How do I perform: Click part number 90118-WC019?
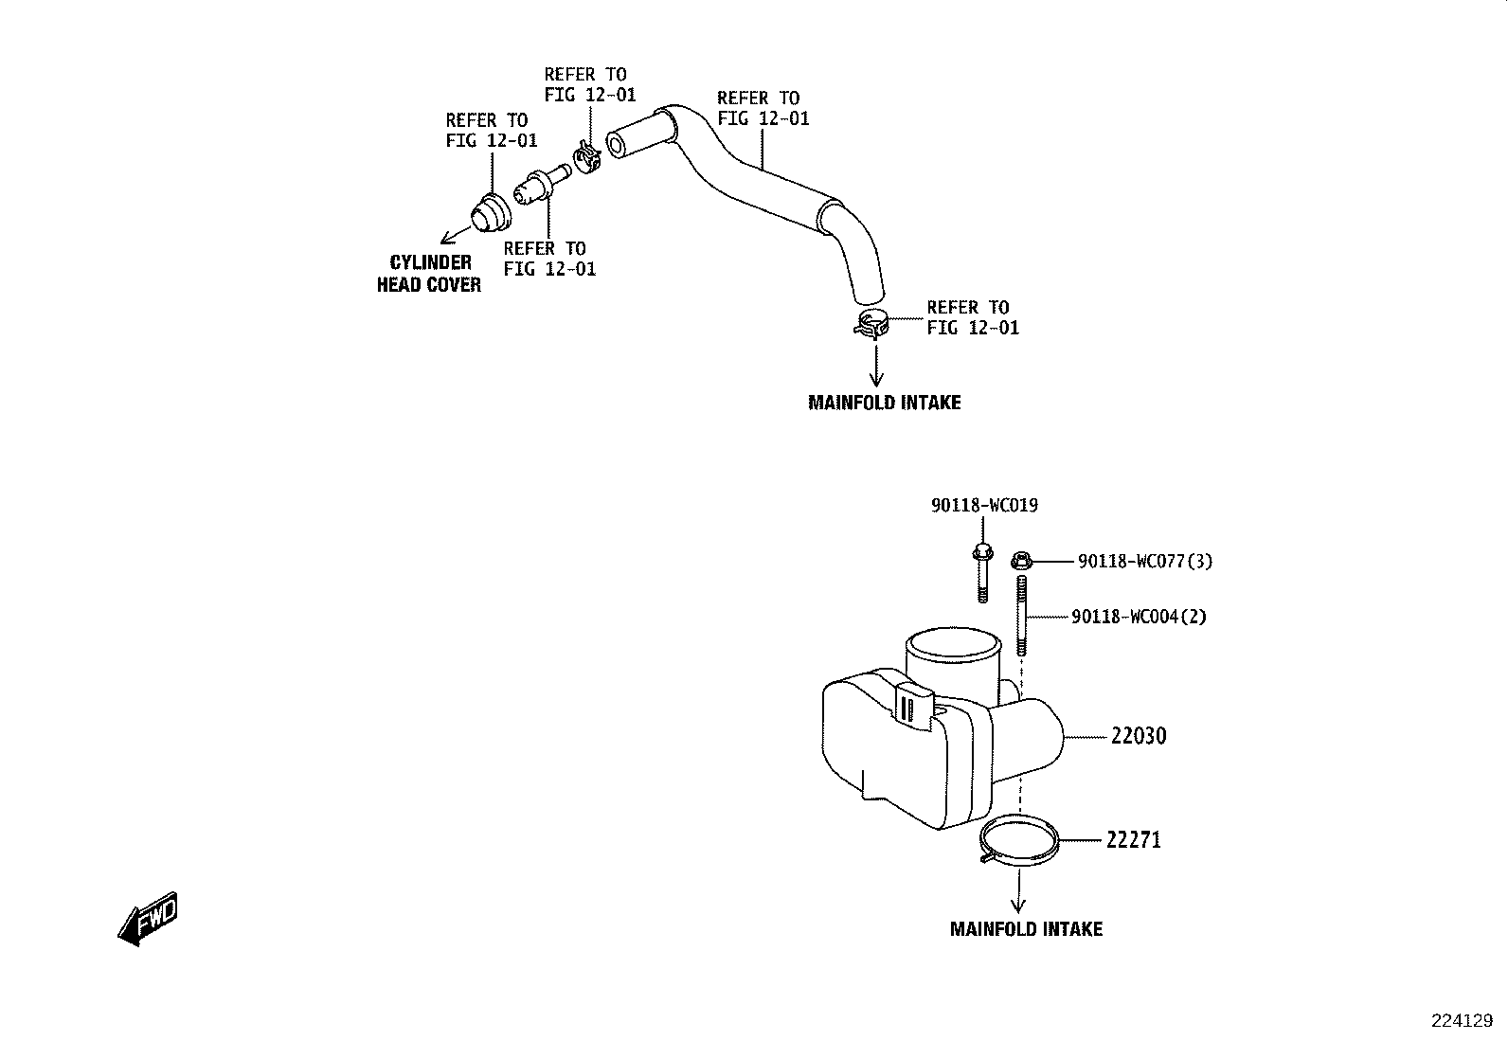(x=984, y=505)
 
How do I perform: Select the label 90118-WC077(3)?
(x=1145, y=561)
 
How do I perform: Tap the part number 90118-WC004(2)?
(x=1140, y=616)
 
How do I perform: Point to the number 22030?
(x=1139, y=735)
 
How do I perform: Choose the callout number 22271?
(x=1134, y=839)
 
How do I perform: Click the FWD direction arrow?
(x=148, y=919)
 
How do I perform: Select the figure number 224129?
(x=1462, y=1021)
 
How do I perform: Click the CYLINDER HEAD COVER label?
(x=429, y=274)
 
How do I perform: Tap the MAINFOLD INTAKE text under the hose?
(x=885, y=403)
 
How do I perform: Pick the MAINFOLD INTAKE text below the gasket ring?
(x=1026, y=929)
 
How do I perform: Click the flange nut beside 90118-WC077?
(x=1021, y=560)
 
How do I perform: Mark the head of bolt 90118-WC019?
(x=982, y=553)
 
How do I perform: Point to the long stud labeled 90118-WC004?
(x=1021, y=616)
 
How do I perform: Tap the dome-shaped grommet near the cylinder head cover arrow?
(x=490, y=214)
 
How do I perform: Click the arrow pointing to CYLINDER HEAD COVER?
(x=455, y=235)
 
